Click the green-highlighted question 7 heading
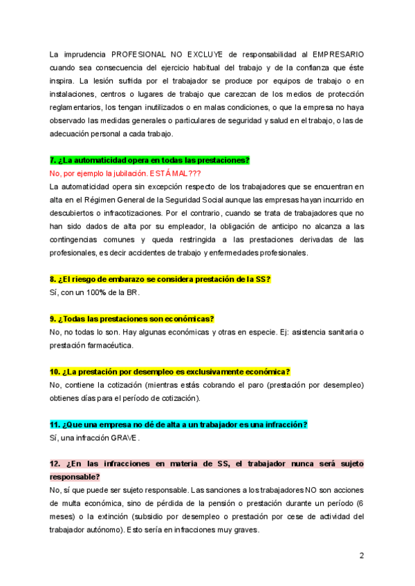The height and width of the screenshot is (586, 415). point(149,160)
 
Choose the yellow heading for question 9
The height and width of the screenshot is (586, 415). point(132,319)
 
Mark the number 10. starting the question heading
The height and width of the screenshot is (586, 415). point(56,372)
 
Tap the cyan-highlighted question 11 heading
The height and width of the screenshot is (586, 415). point(178,424)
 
